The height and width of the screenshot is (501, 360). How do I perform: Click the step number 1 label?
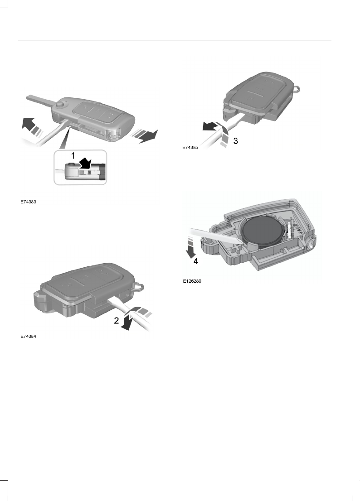(x=72, y=155)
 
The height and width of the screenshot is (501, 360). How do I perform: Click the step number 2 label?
(x=117, y=321)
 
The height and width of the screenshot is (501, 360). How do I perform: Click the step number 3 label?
(x=235, y=141)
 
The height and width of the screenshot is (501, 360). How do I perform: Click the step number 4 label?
(x=196, y=261)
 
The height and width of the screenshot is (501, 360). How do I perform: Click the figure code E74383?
(x=28, y=202)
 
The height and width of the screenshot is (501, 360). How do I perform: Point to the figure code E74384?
(x=28, y=337)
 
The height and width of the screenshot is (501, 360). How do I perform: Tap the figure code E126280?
(x=192, y=281)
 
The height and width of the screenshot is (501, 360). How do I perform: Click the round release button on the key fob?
(x=60, y=106)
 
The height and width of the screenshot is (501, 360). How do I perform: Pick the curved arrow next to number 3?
(x=216, y=130)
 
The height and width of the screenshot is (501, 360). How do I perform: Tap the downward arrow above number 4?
(x=191, y=246)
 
